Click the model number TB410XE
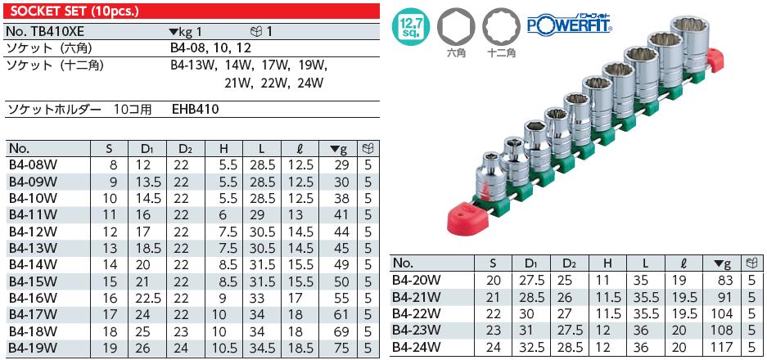[50, 31]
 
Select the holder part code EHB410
[196, 108]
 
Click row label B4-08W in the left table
[33, 166]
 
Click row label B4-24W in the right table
[417, 346]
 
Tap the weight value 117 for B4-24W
[721, 346]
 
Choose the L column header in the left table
[259, 149]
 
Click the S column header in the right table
[493, 263]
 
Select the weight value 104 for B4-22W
[721, 313]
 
